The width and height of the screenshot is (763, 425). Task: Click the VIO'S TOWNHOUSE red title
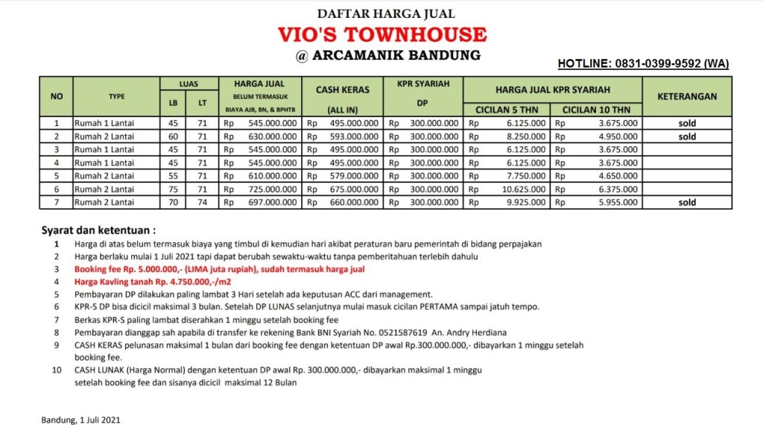pos(381,34)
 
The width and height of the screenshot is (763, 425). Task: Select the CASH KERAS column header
pos(343,89)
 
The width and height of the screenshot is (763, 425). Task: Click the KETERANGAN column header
pos(687,96)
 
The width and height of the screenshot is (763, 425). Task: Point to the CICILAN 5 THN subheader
pos(507,110)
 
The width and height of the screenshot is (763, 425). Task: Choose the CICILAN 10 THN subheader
pos(596,110)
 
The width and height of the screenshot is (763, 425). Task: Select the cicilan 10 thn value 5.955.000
pos(618,202)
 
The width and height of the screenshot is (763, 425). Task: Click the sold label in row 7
pos(687,202)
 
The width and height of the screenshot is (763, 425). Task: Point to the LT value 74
pos(201,202)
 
